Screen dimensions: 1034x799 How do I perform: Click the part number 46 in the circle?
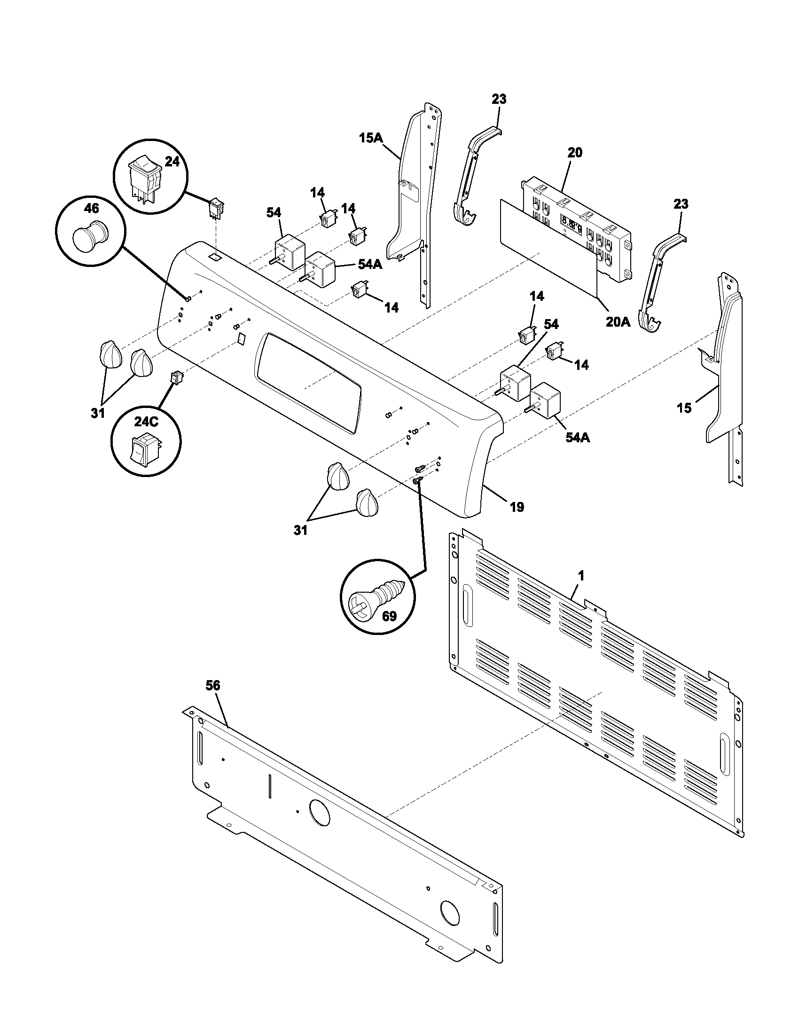(92, 209)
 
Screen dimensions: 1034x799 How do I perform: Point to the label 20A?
(618, 322)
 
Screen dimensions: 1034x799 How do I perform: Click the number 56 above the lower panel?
(213, 685)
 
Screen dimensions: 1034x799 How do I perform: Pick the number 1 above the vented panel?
(581, 576)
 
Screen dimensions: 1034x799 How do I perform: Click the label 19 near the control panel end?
(517, 507)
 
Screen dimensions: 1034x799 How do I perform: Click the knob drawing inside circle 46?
(90, 235)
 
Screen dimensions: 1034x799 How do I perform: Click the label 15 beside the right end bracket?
(684, 407)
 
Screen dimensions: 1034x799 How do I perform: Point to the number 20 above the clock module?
(575, 153)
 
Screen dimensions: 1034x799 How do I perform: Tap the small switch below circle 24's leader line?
(217, 208)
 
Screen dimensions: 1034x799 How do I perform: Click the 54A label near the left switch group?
(370, 264)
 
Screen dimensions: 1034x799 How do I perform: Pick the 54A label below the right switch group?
(578, 437)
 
